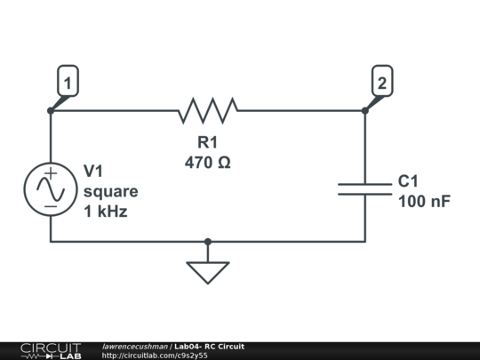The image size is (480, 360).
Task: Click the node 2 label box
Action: [x=381, y=84]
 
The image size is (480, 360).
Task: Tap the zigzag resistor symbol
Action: [x=208, y=111]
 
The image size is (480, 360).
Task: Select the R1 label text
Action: [x=207, y=143]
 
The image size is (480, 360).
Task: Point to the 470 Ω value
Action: [x=207, y=163]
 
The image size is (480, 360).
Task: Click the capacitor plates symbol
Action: [x=364, y=188]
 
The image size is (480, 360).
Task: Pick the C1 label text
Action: [x=408, y=180]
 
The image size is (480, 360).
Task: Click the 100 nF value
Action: [x=424, y=201]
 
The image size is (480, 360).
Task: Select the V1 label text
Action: [x=94, y=171]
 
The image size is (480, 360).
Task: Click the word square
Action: [x=110, y=191]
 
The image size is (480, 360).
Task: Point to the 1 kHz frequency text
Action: [x=105, y=212]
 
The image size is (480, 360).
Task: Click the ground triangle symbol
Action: [x=208, y=271]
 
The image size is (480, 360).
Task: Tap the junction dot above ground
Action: [x=208, y=241]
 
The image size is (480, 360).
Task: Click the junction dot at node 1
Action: [x=51, y=111]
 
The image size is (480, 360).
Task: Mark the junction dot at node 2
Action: [x=365, y=111]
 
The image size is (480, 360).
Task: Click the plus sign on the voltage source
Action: [x=51, y=174]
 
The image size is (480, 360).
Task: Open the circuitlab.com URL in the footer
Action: [x=155, y=356]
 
